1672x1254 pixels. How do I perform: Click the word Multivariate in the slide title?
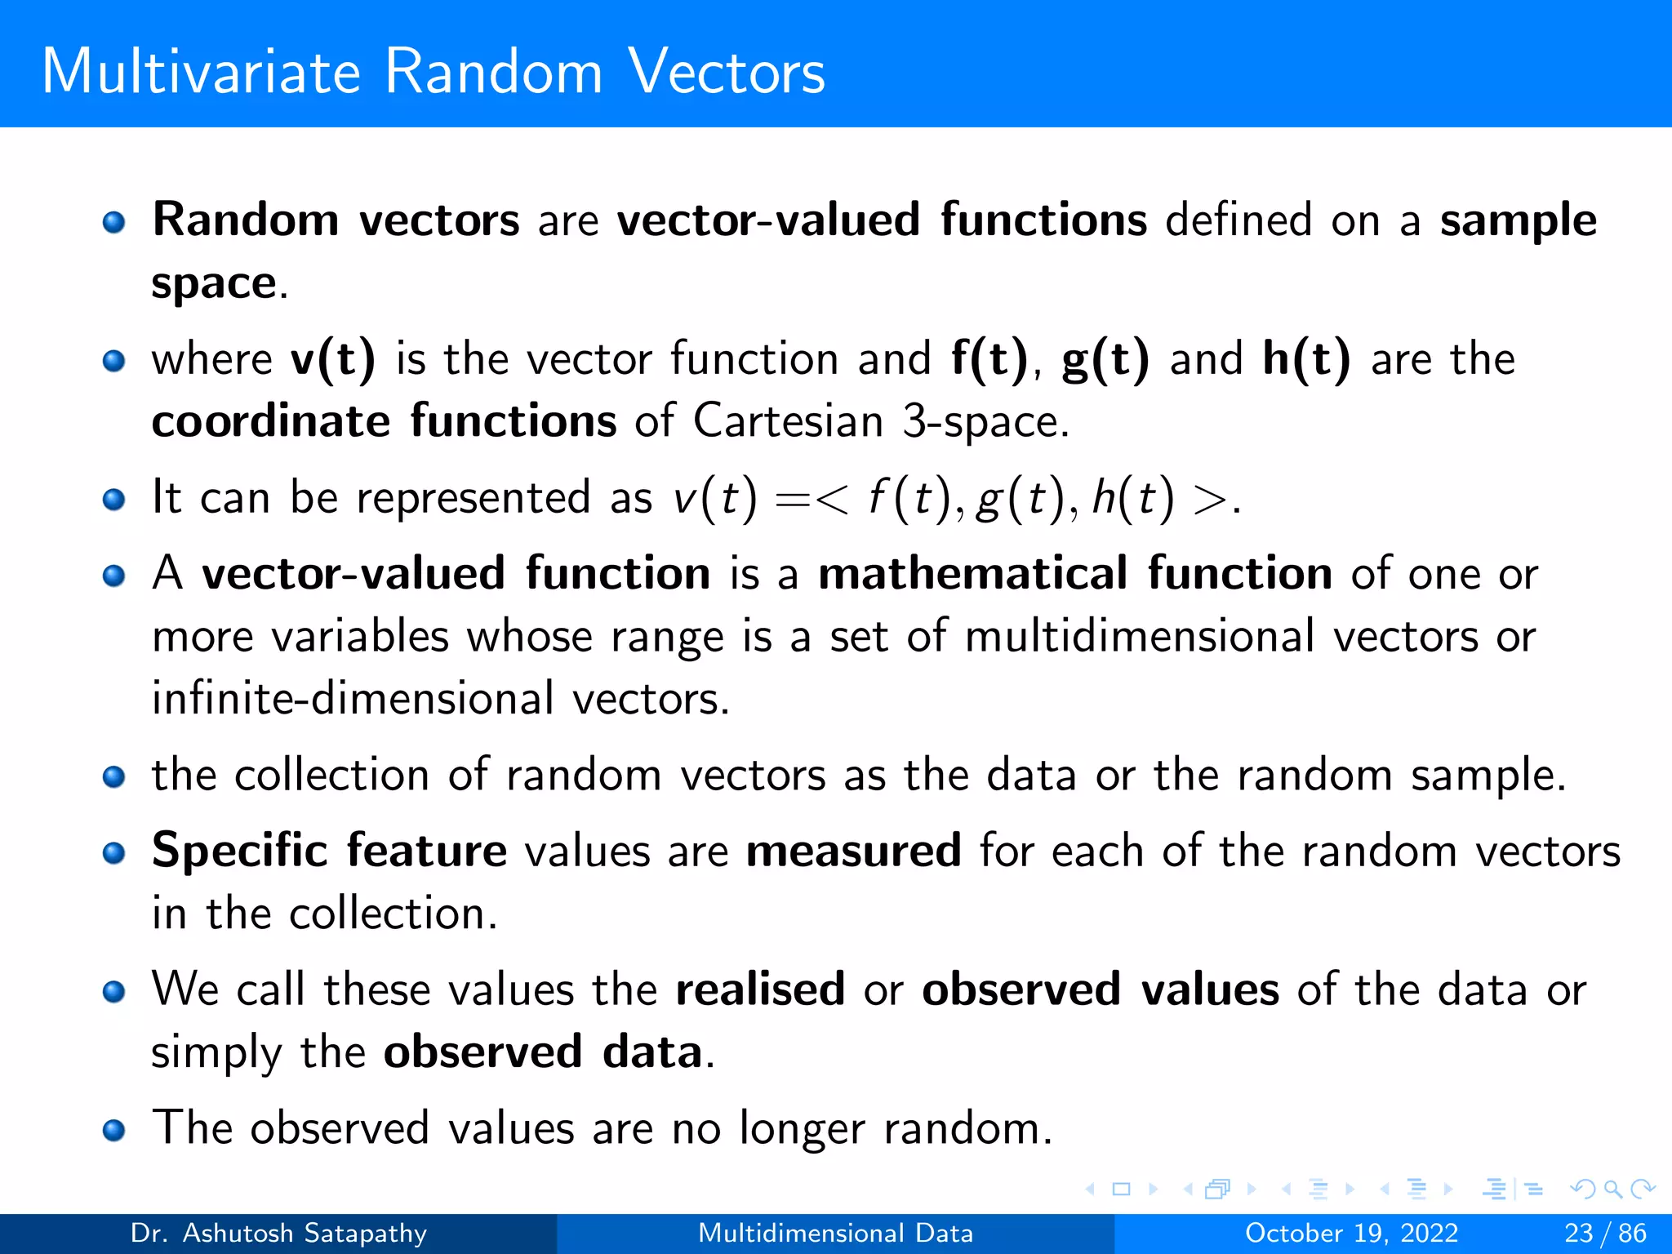tap(200, 72)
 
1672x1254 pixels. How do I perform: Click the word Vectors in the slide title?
tap(726, 72)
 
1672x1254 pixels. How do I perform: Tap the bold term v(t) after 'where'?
tap(333, 359)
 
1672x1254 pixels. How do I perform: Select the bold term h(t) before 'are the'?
tap(1306, 359)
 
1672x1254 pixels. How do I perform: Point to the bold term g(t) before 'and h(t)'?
tap(1105, 359)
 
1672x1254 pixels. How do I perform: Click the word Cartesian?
tap(788, 422)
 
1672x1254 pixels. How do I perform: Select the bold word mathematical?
tap(973, 573)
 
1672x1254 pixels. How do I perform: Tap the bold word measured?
tap(853, 851)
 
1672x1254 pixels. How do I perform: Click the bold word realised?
tap(760, 989)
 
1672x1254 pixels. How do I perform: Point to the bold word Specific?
tap(240, 851)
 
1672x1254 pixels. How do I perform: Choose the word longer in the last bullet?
tap(801, 1128)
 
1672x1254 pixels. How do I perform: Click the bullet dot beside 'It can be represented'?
tap(114, 499)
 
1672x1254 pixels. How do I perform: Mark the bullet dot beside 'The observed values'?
tap(114, 1130)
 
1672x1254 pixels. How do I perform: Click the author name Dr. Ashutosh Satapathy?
tap(278, 1233)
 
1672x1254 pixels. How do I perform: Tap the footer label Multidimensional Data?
tap(835, 1233)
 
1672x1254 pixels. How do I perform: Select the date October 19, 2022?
tap(1351, 1233)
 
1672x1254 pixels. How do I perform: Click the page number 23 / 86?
tap(1605, 1233)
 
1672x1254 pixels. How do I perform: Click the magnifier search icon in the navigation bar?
tap(1612, 1189)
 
